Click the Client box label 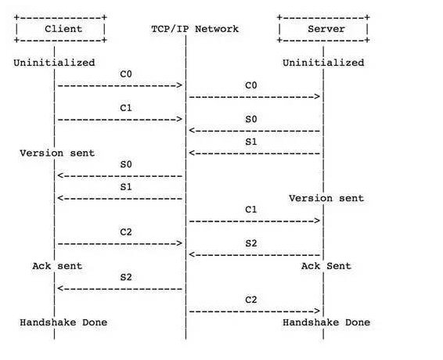click(63, 29)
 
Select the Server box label click(326, 29)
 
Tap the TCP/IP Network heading click(195, 29)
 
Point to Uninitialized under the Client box click(54, 63)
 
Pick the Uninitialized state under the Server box click(323, 63)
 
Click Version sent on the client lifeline click(57, 153)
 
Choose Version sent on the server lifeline click(326, 198)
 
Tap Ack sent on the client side click(57, 266)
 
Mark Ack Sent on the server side click(326, 266)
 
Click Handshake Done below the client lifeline click(63, 322)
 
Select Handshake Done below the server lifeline click(326, 322)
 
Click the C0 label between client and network click(126, 74)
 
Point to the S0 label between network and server click(251, 119)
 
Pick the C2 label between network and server click(251, 300)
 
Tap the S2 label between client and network click(126, 277)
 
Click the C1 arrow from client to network click(120, 119)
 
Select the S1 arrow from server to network click(254, 153)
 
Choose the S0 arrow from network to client click(120, 176)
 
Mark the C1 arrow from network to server click(254, 221)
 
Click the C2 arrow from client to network click(120, 243)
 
